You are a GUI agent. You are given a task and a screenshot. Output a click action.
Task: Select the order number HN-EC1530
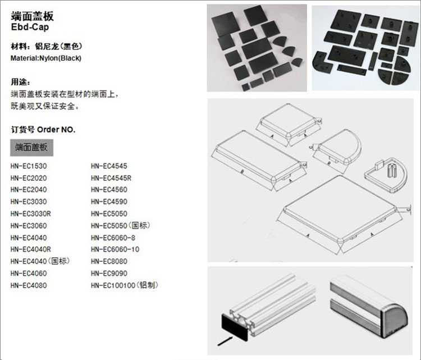click(29, 166)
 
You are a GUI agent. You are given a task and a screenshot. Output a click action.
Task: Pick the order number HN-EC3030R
click(31, 213)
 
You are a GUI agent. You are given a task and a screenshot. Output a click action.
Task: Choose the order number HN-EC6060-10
click(115, 249)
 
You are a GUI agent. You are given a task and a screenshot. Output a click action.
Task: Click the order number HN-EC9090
click(109, 273)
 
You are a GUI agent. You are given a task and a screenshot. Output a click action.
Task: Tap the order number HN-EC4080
click(29, 285)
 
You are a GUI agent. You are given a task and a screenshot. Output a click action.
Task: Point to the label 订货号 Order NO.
click(43, 129)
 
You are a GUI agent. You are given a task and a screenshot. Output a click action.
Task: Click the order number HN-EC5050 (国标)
click(120, 226)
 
